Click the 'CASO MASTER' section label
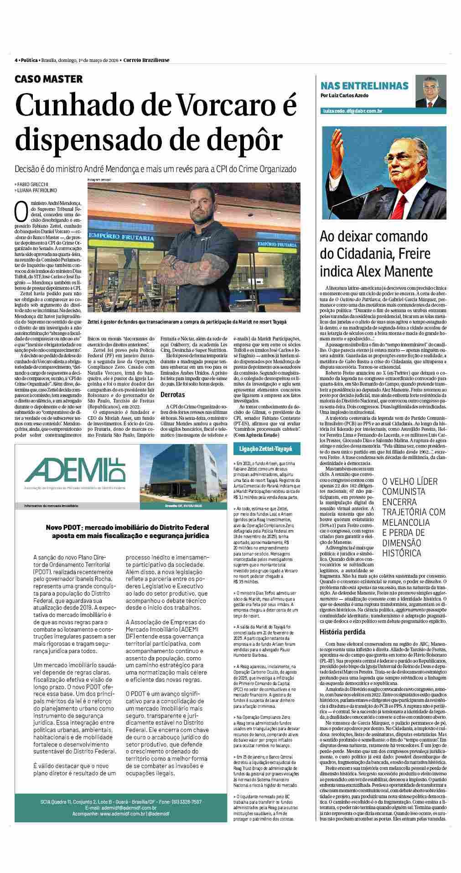tap(49, 79)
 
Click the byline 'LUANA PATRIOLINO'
tap(37, 190)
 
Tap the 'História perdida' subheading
tap(342, 632)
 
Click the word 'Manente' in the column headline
tap(406, 272)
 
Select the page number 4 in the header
tap(16, 60)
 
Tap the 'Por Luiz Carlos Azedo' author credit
tap(344, 95)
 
